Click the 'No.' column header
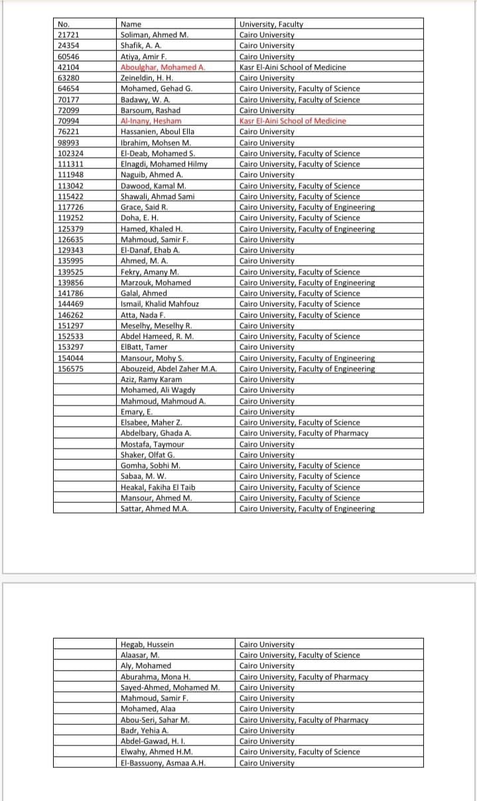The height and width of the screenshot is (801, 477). tap(64, 25)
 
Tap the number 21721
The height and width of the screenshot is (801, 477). tap(69, 35)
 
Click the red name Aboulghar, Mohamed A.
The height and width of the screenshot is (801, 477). tap(163, 67)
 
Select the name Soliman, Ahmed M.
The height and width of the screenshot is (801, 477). tap(155, 35)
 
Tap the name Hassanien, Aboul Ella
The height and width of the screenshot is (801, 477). tap(157, 132)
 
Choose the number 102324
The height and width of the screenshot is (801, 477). tap(71, 154)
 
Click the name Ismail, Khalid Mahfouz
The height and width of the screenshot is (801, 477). tap(159, 304)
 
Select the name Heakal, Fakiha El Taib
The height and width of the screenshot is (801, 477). tap(158, 487)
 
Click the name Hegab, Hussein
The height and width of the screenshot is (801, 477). tap(147, 644)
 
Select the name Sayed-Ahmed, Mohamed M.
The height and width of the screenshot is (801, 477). tap(170, 687)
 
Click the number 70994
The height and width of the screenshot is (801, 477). tap(69, 121)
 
